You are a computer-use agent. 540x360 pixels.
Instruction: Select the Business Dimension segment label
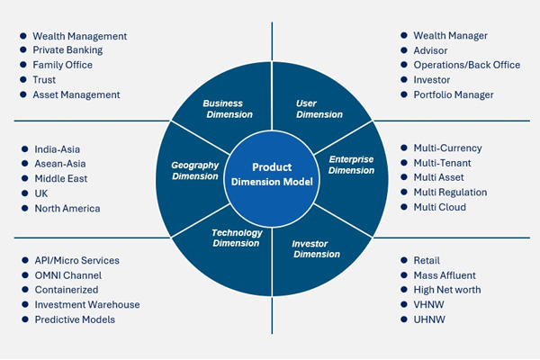pyautogui.click(x=228, y=109)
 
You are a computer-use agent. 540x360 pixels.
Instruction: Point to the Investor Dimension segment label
pyautogui.click(x=316, y=248)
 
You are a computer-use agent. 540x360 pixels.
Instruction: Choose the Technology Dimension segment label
pyautogui.click(x=237, y=238)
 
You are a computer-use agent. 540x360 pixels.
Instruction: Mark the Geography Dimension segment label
pyautogui.click(x=195, y=170)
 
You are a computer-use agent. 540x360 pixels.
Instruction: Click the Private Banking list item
pyautogui.click(x=67, y=50)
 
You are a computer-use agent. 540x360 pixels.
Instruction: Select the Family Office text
pyautogui.click(x=63, y=65)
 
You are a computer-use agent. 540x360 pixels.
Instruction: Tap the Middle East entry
pyautogui.click(x=61, y=179)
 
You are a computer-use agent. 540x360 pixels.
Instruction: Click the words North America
pyautogui.click(x=67, y=208)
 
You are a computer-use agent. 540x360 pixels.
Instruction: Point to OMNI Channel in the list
pyautogui.click(x=67, y=274)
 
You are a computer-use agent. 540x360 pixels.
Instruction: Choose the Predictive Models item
pyautogui.click(x=75, y=319)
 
